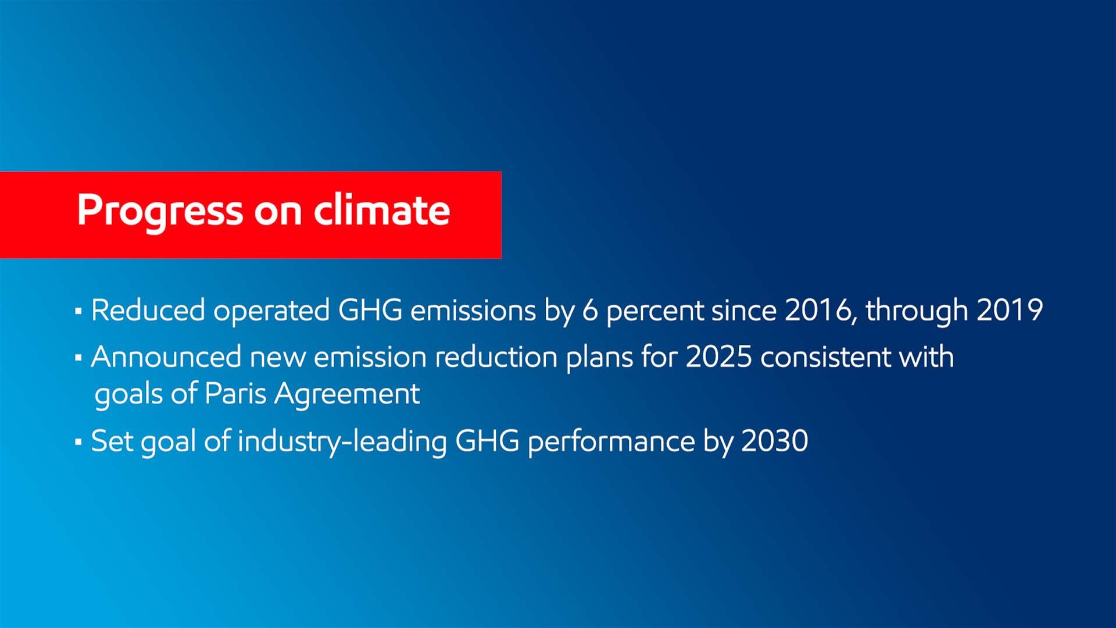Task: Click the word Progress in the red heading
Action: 160,212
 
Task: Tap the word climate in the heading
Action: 382,209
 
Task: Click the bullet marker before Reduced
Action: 78,312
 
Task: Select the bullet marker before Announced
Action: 78,358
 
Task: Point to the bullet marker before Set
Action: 78,442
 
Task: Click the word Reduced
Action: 148,310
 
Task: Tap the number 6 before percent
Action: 590,311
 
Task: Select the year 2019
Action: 1010,311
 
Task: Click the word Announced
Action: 166,356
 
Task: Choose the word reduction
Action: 496,356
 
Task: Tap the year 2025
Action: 718,356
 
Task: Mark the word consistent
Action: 825,356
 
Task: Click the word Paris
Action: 235,394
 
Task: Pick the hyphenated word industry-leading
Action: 342,443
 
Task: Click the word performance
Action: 611,443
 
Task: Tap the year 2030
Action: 775,441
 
